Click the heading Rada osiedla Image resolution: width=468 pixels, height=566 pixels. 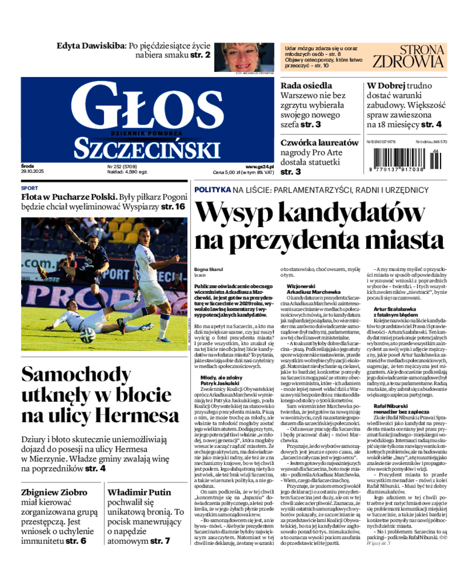coord(307,85)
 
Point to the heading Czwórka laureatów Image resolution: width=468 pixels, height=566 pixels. coord(319,142)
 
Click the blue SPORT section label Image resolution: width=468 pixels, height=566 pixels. coord(29,189)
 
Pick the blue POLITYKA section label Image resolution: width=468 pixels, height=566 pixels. coord(212,190)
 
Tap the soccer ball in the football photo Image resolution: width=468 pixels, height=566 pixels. coord(87,334)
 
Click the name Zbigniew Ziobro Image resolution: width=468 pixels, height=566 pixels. coord(54,492)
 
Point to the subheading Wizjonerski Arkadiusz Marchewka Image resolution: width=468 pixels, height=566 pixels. coord(314,289)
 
